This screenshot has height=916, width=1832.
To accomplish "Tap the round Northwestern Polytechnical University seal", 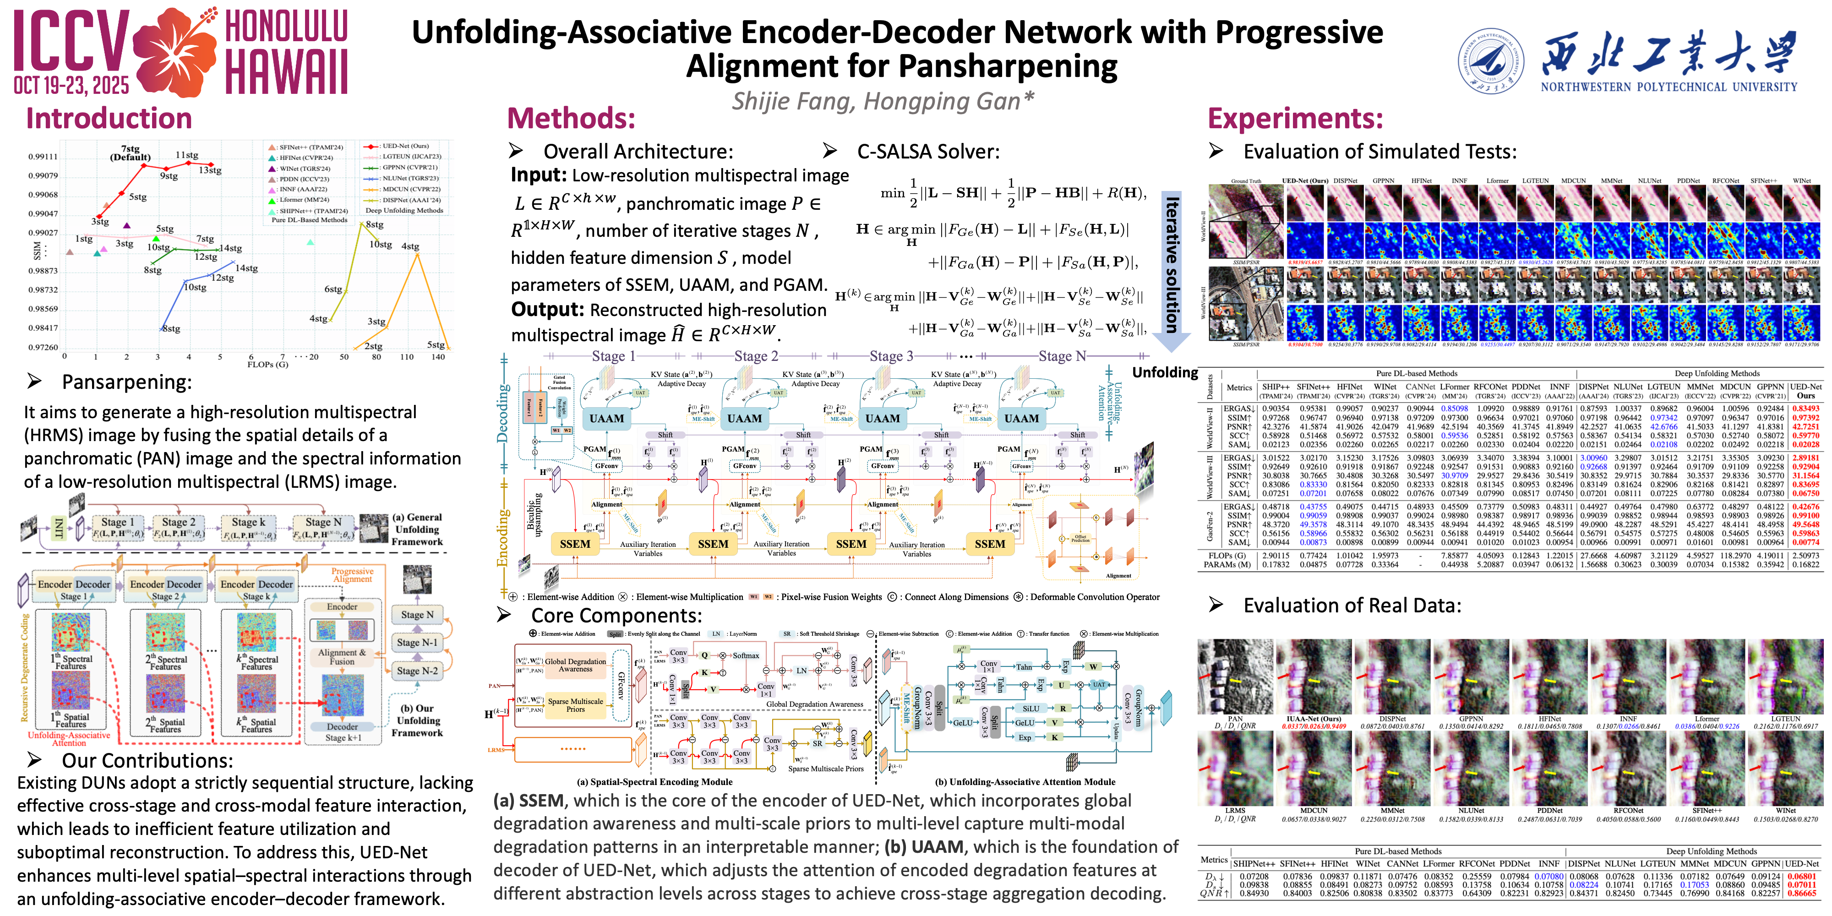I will point(1491,62).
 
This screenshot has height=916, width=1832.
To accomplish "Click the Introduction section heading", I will point(109,118).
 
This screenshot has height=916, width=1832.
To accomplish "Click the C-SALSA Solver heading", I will point(927,152).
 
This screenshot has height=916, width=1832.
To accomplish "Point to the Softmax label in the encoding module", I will point(745,656).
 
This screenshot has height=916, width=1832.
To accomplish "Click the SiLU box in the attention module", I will point(1030,709).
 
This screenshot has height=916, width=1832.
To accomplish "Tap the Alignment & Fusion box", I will point(342,656).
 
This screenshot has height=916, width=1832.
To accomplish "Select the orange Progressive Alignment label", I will point(352,575).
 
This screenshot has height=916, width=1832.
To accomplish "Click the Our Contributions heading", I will point(147,760).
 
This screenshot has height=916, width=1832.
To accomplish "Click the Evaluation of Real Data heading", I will point(1351,605).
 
